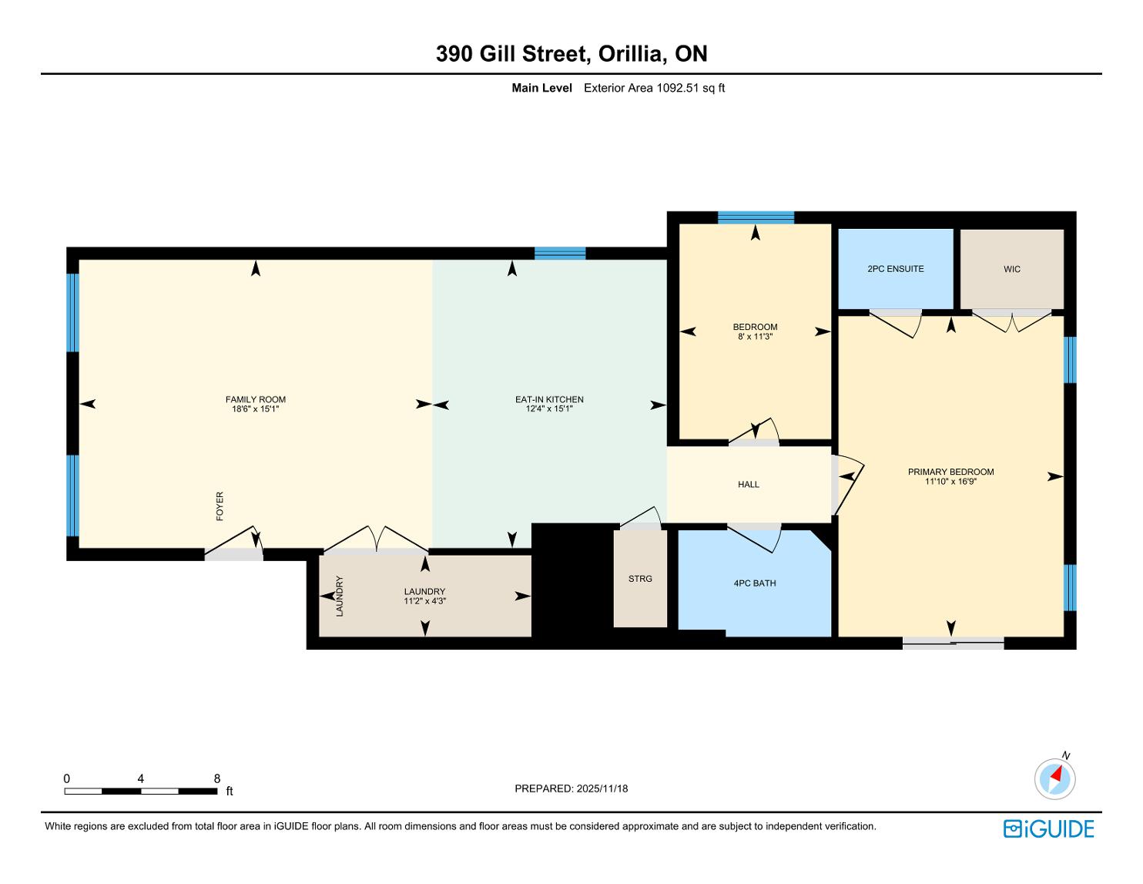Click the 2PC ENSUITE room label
tap(895, 269)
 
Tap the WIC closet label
tap(1012, 270)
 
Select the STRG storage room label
tap(640, 579)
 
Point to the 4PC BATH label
tap(755, 583)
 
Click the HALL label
tap(749, 485)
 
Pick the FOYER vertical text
tap(220, 506)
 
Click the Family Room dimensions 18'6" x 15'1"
tap(255, 408)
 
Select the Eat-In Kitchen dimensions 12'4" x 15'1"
tap(549, 408)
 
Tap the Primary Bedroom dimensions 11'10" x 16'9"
tap(951, 481)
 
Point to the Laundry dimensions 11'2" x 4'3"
tap(425, 601)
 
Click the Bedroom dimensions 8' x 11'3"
tap(755, 337)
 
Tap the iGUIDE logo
tap(1049, 829)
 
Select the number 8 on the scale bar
tap(216, 778)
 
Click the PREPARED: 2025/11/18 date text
tap(571, 788)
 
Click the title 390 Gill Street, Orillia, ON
tap(571, 54)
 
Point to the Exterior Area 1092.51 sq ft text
tap(655, 89)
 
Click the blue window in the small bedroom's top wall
tap(756, 217)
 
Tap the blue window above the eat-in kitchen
tap(560, 253)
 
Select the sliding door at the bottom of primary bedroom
tap(953, 643)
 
